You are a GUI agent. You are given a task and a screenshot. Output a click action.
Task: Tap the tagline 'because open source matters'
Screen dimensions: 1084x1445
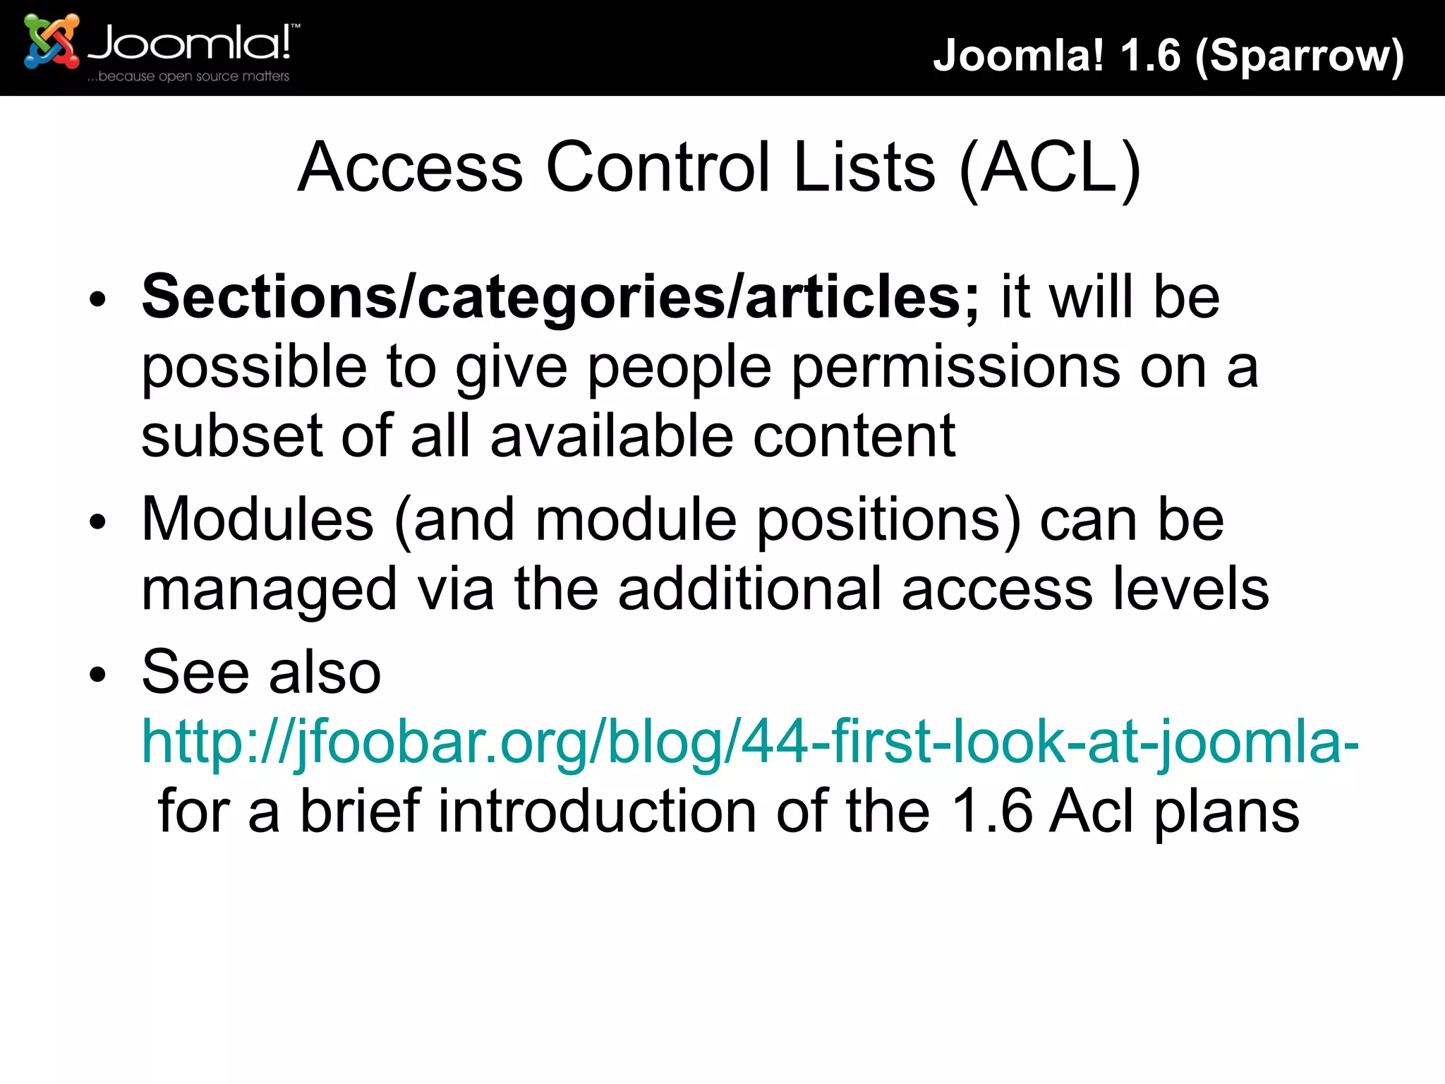pyautogui.click(x=188, y=76)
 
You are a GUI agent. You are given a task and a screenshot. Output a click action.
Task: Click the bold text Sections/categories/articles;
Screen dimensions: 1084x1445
pyautogui.click(x=560, y=297)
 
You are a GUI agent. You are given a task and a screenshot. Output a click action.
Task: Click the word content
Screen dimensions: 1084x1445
pyautogui.click(x=854, y=435)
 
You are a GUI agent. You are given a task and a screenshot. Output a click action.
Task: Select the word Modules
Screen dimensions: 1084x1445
pyautogui.click(x=258, y=519)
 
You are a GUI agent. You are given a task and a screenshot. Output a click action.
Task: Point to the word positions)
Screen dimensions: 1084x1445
pyautogui.click(x=888, y=521)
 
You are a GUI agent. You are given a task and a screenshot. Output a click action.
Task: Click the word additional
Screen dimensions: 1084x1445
pyautogui.click(x=750, y=589)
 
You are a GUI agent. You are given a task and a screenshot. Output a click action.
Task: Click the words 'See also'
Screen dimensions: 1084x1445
pyautogui.click(x=261, y=672)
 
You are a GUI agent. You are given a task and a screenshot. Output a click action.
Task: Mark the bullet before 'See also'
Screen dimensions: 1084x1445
pyautogui.click(x=98, y=675)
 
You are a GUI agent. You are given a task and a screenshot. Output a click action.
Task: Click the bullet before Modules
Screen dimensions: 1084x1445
pyautogui.click(x=98, y=522)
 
